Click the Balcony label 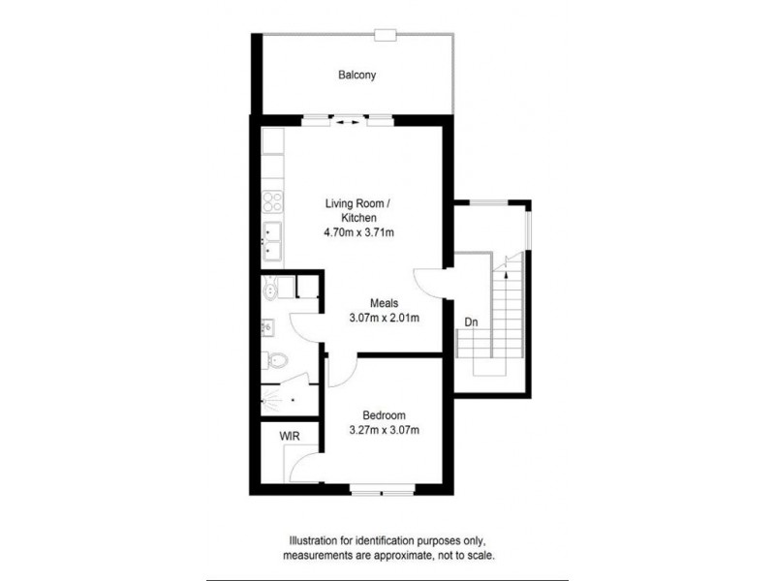click(356, 75)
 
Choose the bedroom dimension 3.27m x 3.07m click(384, 431)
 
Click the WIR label click(289, 437)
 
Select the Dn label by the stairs click(472, 321)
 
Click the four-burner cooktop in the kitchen click(272, 204)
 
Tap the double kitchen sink click(272, 242)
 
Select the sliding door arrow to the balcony click(348, 122)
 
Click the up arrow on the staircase click(506, 277)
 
